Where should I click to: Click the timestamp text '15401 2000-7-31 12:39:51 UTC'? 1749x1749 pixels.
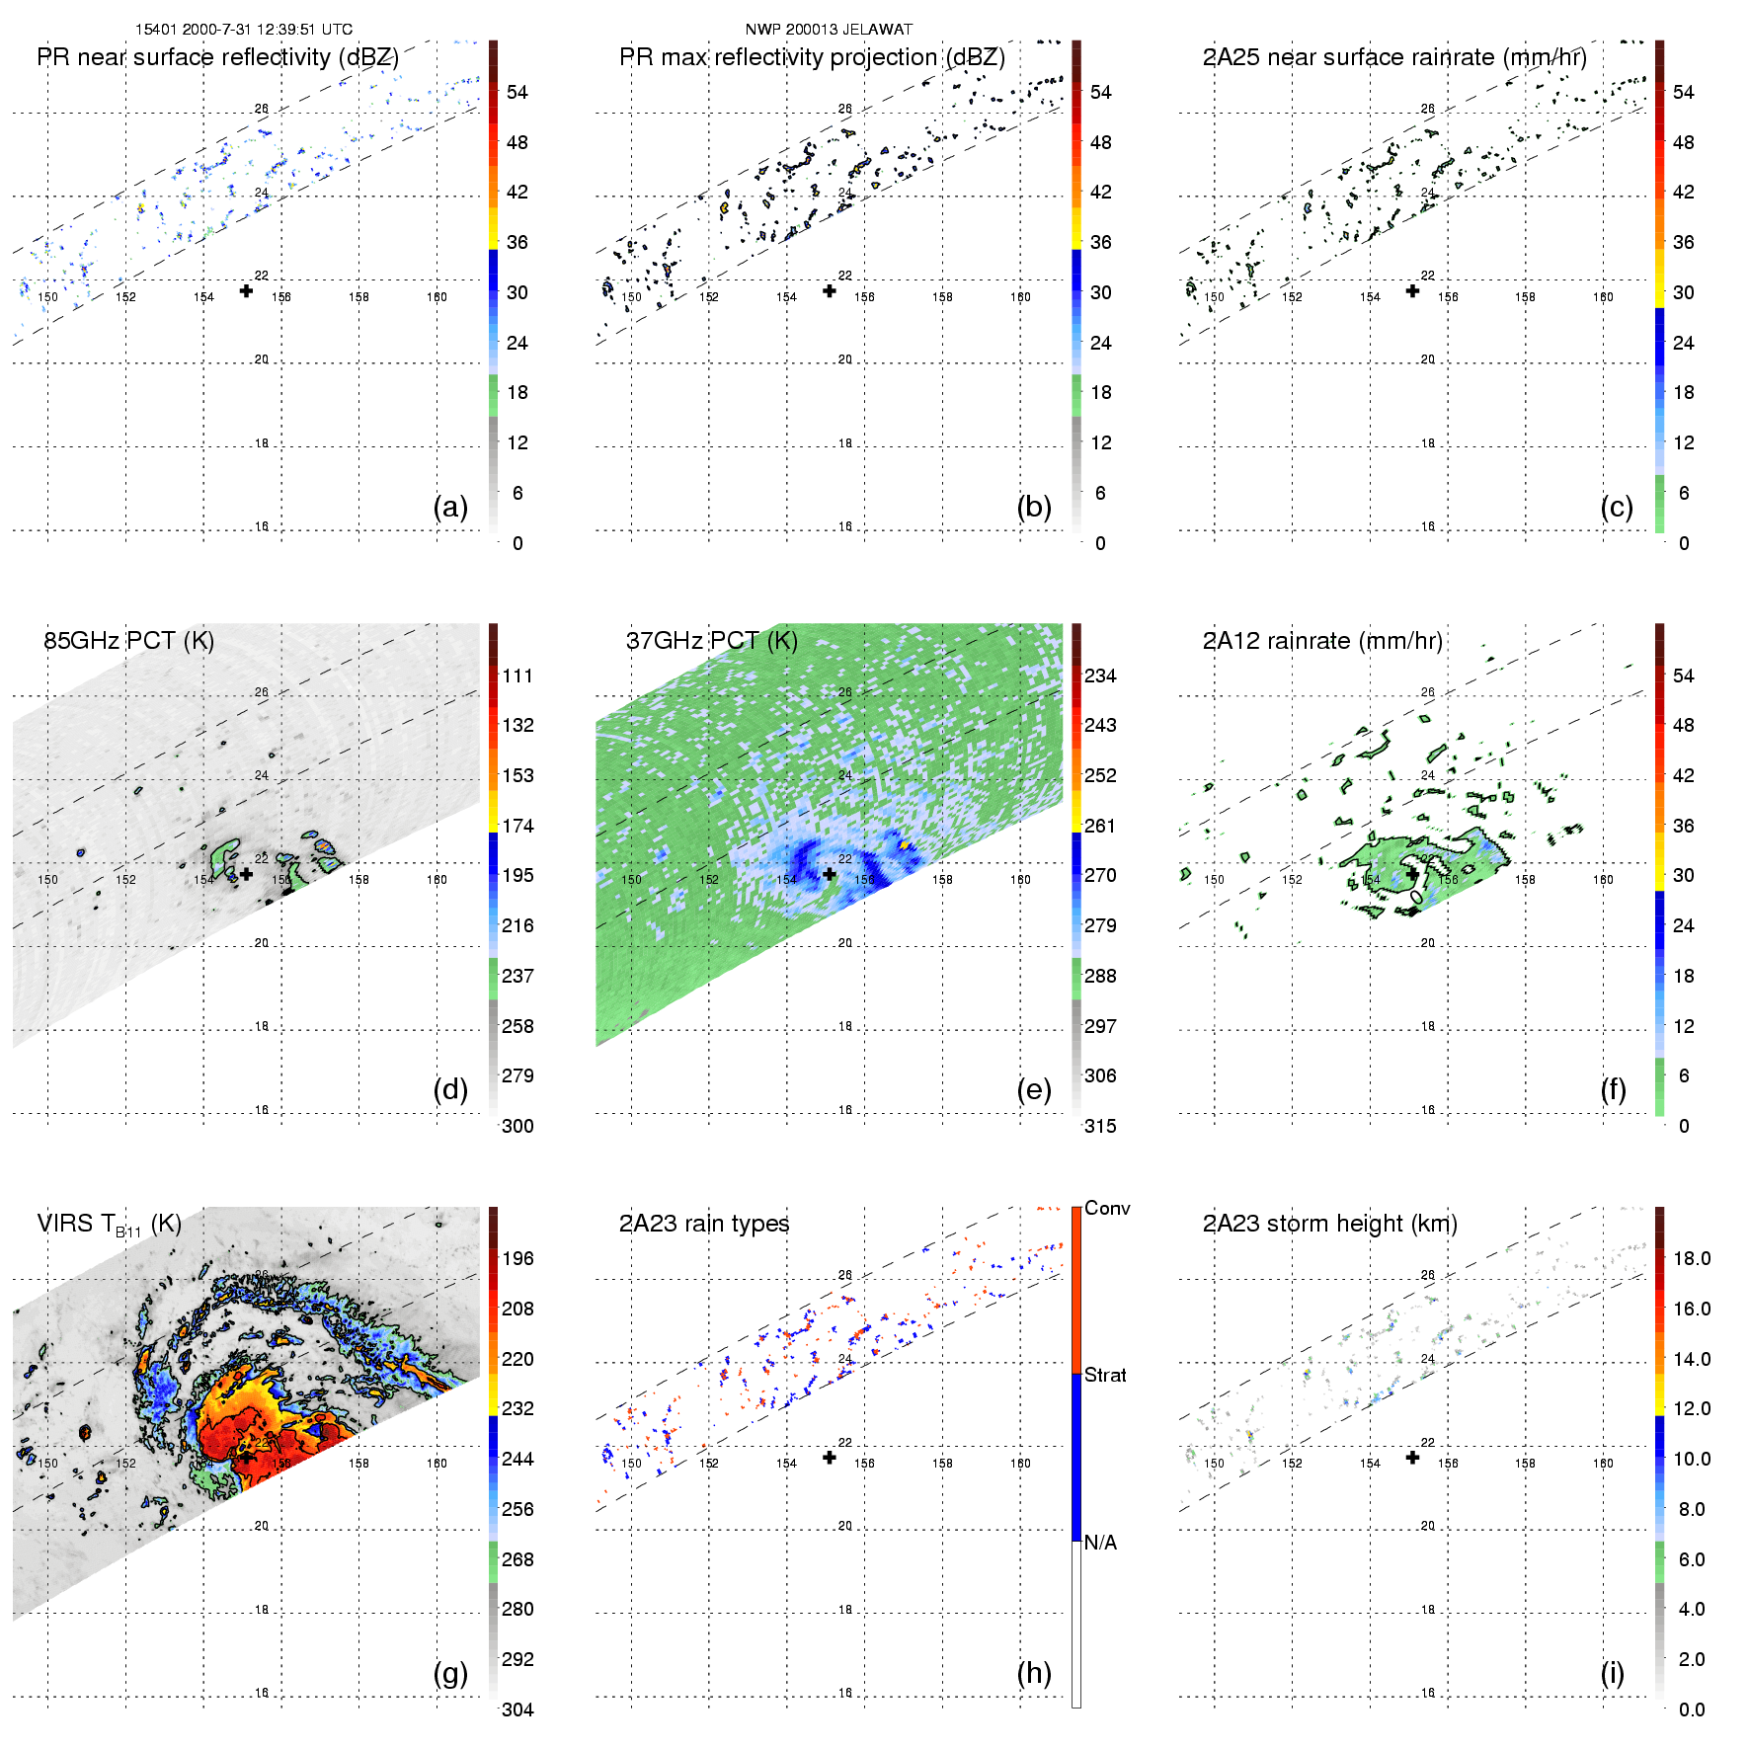[244, 30]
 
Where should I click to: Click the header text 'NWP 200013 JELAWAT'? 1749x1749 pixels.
[829, 30]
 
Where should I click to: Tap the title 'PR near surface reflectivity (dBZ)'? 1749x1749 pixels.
[217, 57]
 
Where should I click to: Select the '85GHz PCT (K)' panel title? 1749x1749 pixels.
[128, 641]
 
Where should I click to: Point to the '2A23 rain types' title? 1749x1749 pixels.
[704, 1224]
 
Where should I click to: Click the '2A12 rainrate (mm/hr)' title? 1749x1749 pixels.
[1322, 641]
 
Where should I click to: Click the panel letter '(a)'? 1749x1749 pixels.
[450, 507]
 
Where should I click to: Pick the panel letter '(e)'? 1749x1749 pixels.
[1034, 1089]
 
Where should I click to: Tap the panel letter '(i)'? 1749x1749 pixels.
[1612, 1673]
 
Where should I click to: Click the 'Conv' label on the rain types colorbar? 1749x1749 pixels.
[1107, 1208]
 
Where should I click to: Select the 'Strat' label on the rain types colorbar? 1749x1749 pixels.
[1105, 1375]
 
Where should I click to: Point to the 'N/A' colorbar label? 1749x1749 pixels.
[1100, 1543]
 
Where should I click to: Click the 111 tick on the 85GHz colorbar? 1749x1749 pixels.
[517, 676]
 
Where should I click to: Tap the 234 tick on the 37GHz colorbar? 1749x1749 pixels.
[1100, 676]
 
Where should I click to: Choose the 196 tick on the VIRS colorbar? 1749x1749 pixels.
[517, 1258]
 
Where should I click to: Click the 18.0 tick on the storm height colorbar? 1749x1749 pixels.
[1692, 1258]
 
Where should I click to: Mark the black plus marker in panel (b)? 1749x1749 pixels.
[830, 290]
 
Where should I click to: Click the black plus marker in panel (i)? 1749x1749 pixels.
[1412, 1457]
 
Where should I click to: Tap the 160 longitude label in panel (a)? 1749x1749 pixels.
[437, 296]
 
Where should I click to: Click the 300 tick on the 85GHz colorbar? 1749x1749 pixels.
[517, 1126]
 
